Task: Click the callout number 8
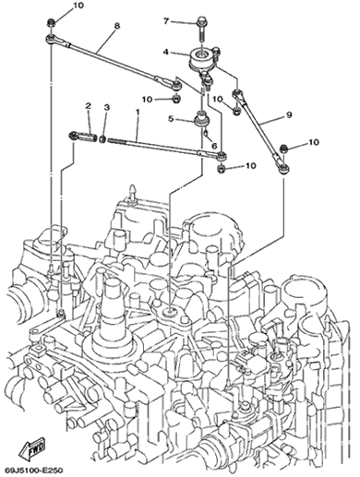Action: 116,26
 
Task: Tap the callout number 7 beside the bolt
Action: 166,21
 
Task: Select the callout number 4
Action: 166,52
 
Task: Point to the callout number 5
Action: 171,118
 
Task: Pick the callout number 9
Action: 289,114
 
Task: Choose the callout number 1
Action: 138,112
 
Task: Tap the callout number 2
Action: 89,106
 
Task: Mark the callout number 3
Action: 106,108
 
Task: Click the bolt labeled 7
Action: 200,30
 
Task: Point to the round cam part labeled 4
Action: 201,58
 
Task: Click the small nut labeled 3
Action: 102,139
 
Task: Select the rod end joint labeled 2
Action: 83,137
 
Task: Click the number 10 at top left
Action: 78,6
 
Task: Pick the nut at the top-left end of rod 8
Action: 51,23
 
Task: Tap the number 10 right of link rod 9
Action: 314,142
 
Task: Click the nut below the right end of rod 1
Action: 221,168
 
